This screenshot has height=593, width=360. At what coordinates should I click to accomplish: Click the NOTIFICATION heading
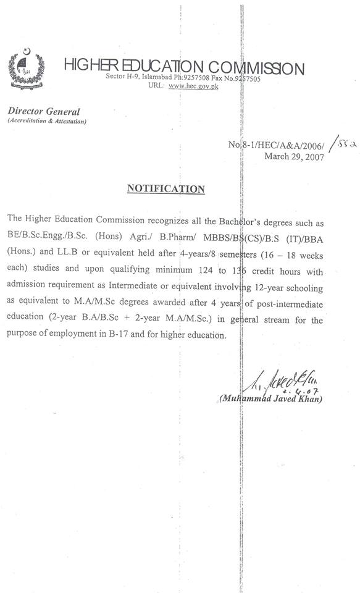point(165,188)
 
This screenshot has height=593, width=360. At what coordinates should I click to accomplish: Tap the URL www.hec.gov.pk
point(193,86)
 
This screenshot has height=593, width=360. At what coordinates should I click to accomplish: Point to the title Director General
point(44,112)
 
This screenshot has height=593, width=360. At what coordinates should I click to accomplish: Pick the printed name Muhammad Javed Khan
point(270,398)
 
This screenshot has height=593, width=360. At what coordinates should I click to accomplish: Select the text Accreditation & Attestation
point(47,121)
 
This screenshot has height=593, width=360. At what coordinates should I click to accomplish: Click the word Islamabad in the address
point(156,78)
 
